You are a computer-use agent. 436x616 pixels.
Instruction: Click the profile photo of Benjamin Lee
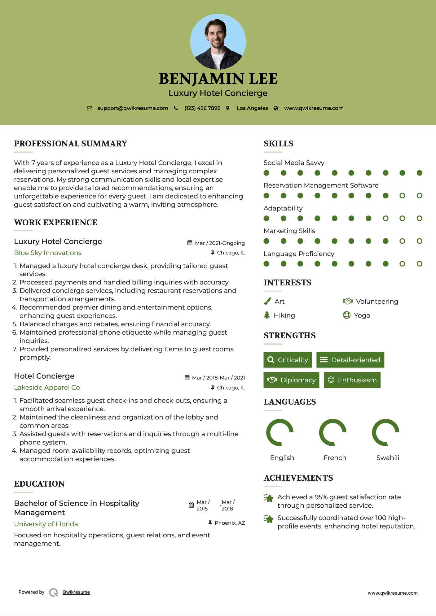point(218,42)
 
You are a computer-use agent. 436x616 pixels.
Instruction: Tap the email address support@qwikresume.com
point(133,108)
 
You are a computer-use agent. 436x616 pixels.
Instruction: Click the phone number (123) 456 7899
point(202,108)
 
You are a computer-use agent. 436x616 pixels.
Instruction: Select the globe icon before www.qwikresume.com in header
point(276,108)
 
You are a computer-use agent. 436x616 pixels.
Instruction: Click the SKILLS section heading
point(278,144)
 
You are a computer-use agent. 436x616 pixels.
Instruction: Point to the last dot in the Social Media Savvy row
point(419,173)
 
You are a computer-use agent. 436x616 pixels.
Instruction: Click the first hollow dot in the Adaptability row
point(385,218)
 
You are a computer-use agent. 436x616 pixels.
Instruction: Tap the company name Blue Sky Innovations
point(48,253)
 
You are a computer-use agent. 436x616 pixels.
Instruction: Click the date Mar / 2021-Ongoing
point(220,243)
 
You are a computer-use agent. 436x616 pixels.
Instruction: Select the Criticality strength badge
point(288,360)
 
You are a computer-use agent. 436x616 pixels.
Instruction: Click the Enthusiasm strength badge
point(352,380)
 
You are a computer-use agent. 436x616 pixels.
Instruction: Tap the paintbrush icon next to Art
point(267,301)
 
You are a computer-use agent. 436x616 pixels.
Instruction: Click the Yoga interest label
point(362,315)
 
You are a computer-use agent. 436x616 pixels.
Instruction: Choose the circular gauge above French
point(333,432)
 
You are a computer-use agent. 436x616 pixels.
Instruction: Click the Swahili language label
point(388,458)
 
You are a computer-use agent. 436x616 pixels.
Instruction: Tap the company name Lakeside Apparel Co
point(47,388)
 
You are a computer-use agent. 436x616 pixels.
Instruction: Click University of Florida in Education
point(46,524)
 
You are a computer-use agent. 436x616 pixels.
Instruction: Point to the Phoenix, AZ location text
point(230,523)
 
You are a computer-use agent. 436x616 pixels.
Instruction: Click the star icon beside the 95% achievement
point(268,498)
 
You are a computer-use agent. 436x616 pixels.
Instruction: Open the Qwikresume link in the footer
point(76,592)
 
